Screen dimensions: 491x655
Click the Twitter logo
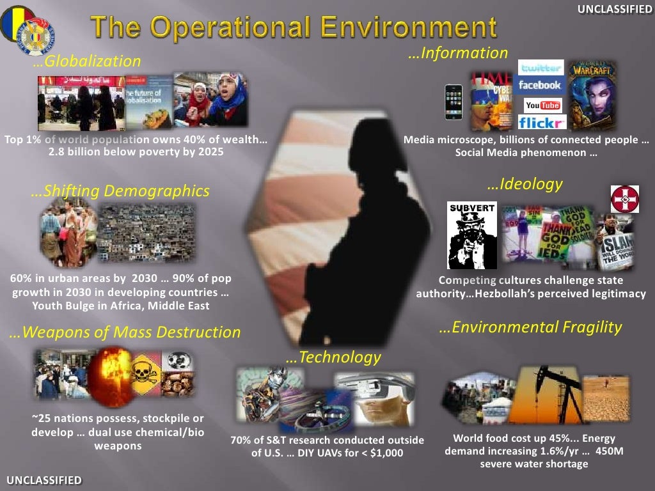coord(541,68)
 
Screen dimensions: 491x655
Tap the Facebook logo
coord(540,85)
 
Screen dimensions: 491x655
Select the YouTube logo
coord(542,104)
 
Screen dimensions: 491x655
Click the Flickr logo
coord(541,122)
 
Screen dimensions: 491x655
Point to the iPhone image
coord(454,102)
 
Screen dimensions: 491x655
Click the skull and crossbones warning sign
coord(145,373)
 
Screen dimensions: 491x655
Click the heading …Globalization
coord(86,61)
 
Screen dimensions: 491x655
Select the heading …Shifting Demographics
coord(120,191)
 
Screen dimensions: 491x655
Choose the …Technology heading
coord(333,357)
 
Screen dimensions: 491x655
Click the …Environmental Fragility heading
coord(530,327)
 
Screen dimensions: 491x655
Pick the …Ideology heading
coord(525,184)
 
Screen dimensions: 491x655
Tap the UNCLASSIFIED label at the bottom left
coord(44,479)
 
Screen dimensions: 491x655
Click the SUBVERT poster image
coord(472,235)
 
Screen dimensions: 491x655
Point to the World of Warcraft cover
coord(592,95)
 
